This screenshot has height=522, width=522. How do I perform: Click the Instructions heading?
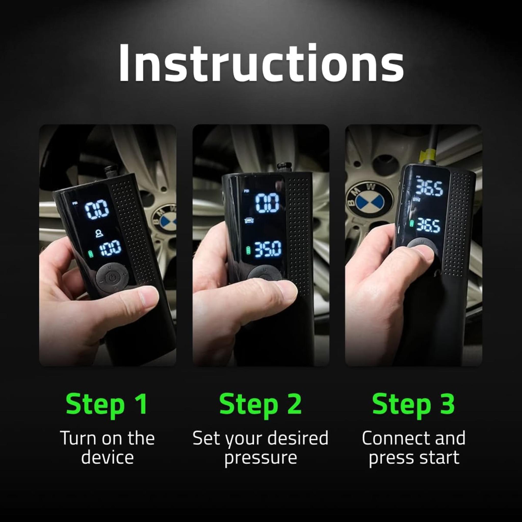[261, 63]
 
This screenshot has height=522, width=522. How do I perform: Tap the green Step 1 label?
[107, 404]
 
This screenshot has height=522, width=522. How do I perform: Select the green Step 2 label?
[260, 404]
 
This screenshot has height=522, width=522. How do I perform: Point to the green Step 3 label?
[413, 404]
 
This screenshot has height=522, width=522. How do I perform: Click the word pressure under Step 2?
[260, 458]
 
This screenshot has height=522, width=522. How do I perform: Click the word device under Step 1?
[107, 458]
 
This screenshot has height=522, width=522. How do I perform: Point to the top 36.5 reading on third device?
[429, 188]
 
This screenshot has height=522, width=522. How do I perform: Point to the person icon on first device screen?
[99, 233]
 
